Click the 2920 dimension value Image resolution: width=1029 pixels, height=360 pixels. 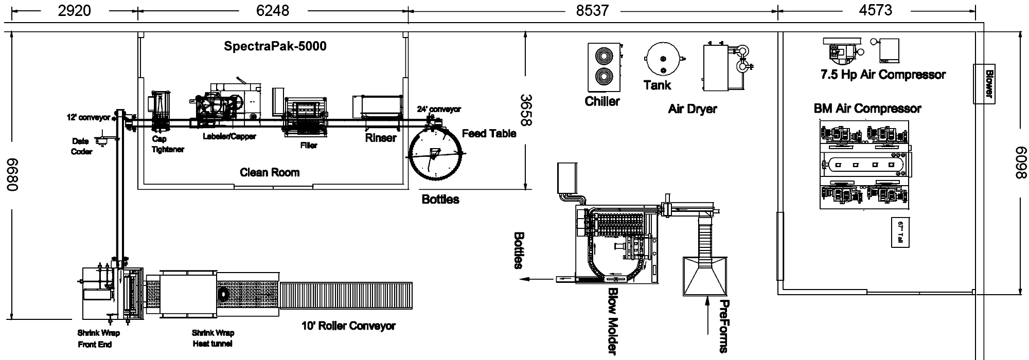pos(75,10)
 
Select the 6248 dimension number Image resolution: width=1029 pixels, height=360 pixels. pos(273,10)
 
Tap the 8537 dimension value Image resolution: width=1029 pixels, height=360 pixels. pos(592,10)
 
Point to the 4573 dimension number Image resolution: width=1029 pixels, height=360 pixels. pos(875,10)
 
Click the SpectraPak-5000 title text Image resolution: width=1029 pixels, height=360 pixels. pos(275,46)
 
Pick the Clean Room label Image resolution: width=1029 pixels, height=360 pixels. pos(270,172)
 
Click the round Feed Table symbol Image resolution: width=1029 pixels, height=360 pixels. pos(436,154)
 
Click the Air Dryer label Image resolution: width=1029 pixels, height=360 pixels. pos(692,109)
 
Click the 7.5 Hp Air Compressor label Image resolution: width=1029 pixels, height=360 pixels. pos(883,75)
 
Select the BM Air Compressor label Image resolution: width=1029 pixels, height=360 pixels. pos(867,109)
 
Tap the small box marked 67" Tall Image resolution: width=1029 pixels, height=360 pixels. pos(900,232)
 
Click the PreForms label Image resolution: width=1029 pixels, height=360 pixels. pos(723,326)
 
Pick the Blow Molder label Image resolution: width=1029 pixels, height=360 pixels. pos(614,321)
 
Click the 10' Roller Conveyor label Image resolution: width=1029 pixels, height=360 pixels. pos(348,326)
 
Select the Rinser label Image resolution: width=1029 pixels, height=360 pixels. pos(381,138)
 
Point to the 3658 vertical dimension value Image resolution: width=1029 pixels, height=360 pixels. pos(526,110)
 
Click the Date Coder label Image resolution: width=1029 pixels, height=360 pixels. pos(81,146)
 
